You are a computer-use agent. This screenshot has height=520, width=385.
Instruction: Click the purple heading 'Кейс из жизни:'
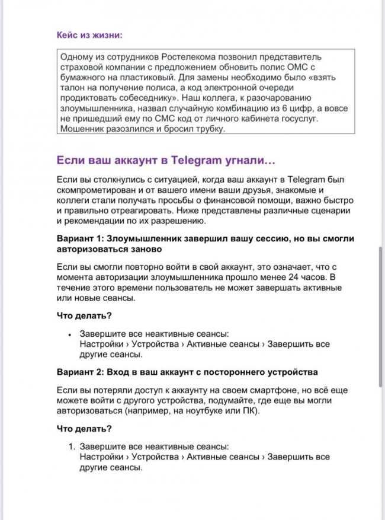tap(89, 35)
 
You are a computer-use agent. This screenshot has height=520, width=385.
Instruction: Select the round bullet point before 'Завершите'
tap(69, 334)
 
